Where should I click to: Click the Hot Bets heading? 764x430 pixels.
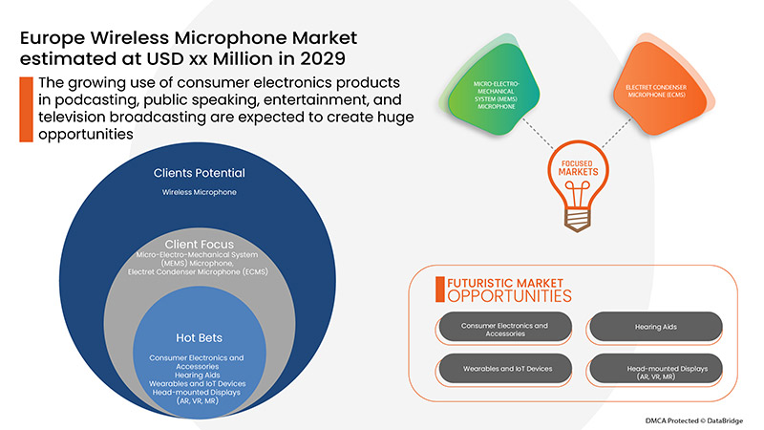[x=198, y=337]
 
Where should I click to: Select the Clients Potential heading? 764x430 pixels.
[x=199, y=173]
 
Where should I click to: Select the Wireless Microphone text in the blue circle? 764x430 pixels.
[x=199, y=193]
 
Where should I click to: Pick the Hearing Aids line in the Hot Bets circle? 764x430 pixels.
[x=198, y=375]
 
